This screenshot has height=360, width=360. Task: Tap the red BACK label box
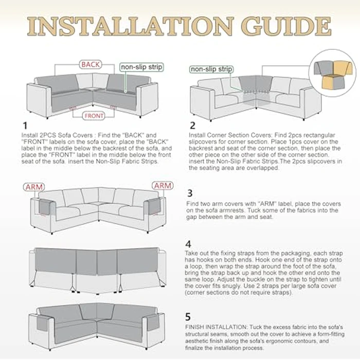pos(91,64)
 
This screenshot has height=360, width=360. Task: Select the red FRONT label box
pos(94,116)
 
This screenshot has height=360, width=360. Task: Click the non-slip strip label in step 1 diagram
pos(141,67)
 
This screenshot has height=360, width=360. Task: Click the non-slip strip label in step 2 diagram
pos(211,69)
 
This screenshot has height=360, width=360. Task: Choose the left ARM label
pos(34,187)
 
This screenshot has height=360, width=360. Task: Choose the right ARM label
pos(163,186)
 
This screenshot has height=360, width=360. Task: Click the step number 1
pos(25,125)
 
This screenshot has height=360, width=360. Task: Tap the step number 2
pos(192,125)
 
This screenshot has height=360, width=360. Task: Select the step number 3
pos(190,193)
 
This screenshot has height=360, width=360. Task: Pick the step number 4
pos(188,244)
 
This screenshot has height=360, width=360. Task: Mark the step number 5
pos(188,317)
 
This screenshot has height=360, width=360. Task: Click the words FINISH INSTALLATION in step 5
pos(216,327)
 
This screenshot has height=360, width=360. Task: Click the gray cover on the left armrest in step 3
pos(45,207)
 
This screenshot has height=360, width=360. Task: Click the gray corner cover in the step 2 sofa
pos(255,84)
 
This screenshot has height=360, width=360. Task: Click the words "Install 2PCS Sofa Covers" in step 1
pos(57,135)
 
